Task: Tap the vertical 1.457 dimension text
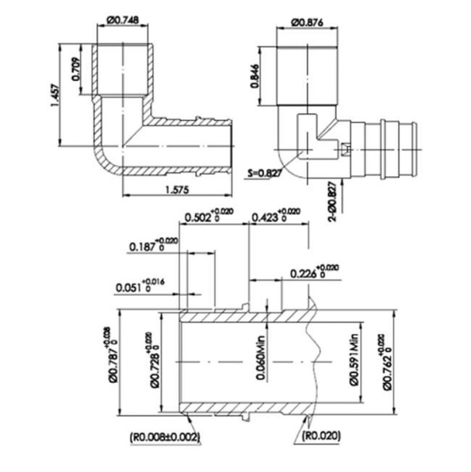(x=54, y=96)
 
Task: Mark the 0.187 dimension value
(x=143, y=247)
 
